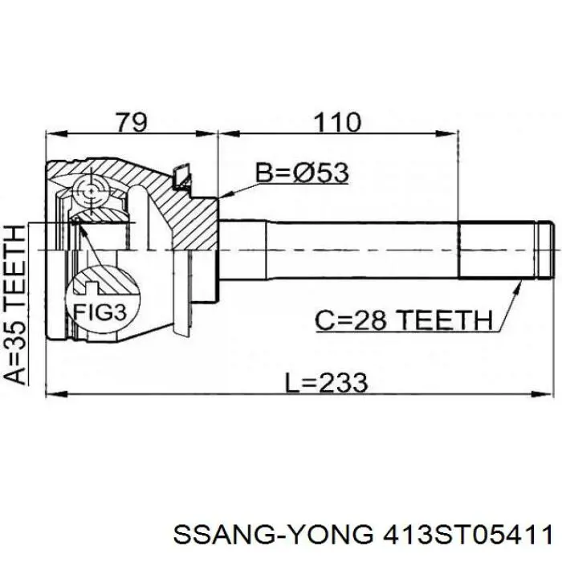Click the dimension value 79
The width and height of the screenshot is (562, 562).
tap(131, 122)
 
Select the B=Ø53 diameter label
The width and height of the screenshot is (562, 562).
tap(301, 173)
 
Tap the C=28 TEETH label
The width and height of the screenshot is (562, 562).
tap(402, 321)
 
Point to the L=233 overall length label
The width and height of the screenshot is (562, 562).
tap(326, 381)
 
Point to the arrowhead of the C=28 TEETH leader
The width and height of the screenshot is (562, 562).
tap(523, 284)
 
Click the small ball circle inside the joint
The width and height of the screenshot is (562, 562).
tap(88, 191)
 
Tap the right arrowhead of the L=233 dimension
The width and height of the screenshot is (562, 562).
tap(550, 393)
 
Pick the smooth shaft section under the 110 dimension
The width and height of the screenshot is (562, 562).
tap(337, 250)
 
